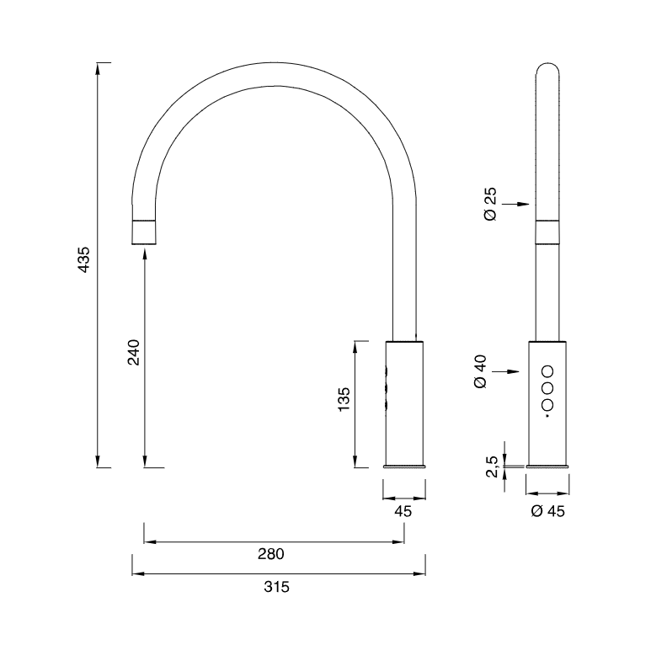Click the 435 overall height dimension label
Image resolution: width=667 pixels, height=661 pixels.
click(x=83, y=264)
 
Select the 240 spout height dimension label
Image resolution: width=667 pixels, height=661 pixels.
click(x=133, y=352)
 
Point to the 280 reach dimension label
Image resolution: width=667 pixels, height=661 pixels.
click(x=271, y=554)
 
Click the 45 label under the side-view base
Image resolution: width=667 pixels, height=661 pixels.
click(x=403, y=512)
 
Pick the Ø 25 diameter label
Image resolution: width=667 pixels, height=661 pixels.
click(x=491, y=204)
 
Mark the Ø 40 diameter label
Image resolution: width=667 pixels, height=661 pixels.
click(x=481, y=371)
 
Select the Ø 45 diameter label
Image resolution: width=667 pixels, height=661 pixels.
click(x=547, y=512)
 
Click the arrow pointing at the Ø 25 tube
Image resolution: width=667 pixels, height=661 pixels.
click(x=519, y=204)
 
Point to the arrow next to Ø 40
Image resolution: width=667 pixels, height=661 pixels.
click(x=509, y=371)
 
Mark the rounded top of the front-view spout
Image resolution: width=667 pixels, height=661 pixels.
click(x=547, y=67)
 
